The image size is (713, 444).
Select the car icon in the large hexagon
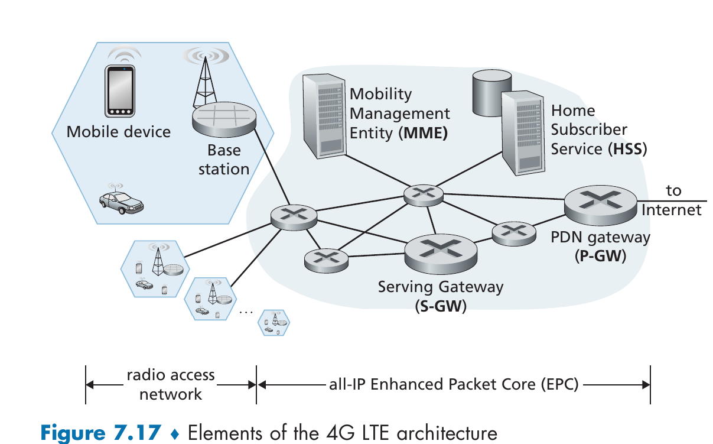(x=122, y=201)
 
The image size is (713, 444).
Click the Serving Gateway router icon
(x=441, y=252)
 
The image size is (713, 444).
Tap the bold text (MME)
(x=423, y=133)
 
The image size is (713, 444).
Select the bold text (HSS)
(x=627, y=150)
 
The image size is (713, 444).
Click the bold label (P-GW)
(x=600, y=257)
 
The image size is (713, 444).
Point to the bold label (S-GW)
(x=440, y=307)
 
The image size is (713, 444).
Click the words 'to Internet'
(x=672, y=200)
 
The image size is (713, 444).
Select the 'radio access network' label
(x=171, y=385)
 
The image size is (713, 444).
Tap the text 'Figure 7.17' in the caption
(x=100, y=432)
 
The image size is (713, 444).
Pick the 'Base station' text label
(x=224, y=160)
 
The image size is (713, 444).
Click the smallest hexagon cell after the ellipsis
(x=275, y=322)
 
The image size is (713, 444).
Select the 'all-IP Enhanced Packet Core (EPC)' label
(x=454, y=385)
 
